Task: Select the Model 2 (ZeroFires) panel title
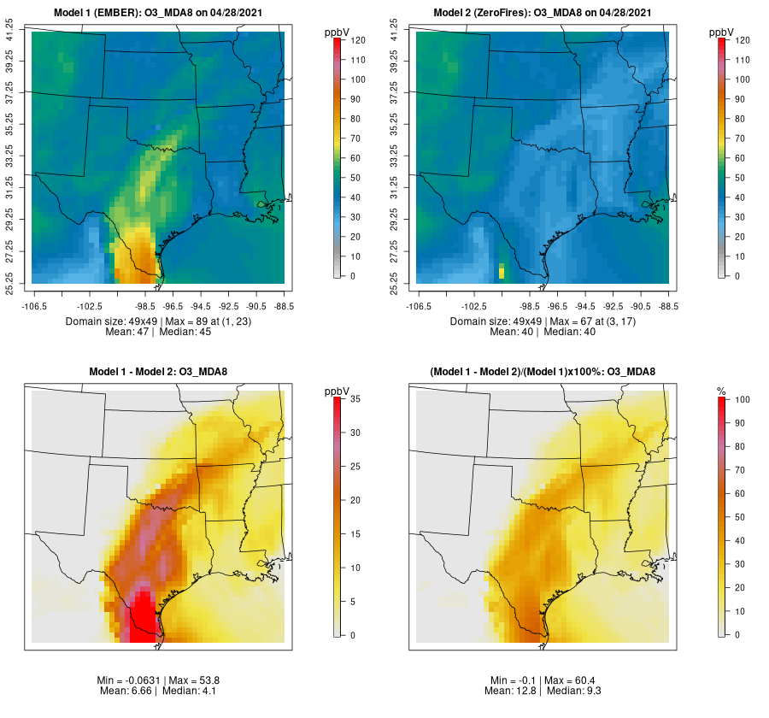tap(543, 13)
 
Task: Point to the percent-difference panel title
tap(543, 372)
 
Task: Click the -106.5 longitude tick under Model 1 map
tap(32, 305)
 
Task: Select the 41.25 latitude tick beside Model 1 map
tap(10, 32)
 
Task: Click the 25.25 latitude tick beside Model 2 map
tap(395, 282)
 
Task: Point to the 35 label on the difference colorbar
tap(355, 399)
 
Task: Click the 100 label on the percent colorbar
tap(742, 399)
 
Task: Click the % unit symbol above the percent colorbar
tap(721, 391)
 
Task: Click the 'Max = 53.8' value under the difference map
tap(183, 680)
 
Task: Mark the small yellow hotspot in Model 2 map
tap(502, 272)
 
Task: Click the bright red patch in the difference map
tap(141, 609)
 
